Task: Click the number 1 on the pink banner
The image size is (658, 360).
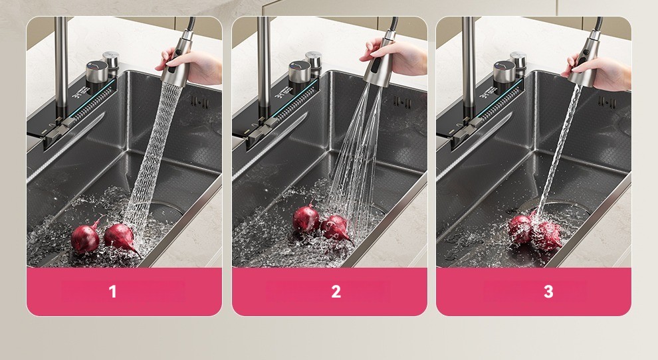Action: click(x=112, y=292)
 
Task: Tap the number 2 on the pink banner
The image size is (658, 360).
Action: click(x=336, y=292)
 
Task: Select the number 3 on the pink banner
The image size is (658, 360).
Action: click(x=548, y=292)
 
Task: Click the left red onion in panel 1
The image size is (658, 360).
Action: click(x=86, y=237)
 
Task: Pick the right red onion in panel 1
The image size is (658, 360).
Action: click(x=121, y=237)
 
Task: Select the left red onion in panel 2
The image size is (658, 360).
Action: click(x=306, y=218)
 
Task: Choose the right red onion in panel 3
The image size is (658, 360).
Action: click(x=548, y=236)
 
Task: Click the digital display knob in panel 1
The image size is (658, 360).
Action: click(x=97, y=72)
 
